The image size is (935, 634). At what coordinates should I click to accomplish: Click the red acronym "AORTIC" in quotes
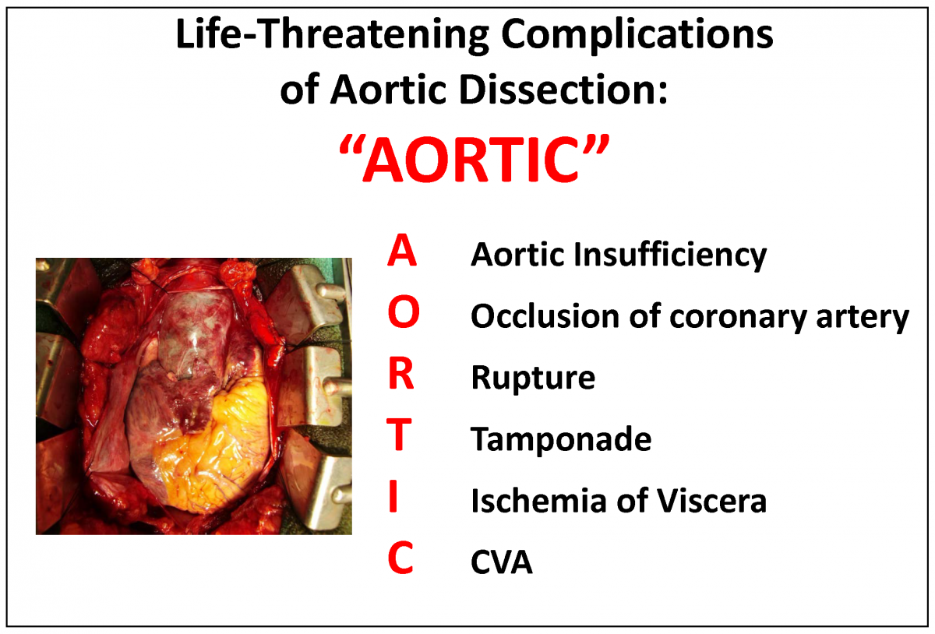(x=475, y=159)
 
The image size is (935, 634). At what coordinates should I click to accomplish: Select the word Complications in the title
(x=637, y=36)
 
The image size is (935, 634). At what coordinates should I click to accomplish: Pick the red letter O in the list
(x=404, y=312)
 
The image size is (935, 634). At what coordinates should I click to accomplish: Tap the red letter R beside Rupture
(x=400, y=373)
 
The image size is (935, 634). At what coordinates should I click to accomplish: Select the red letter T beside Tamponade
(x=399, y=435)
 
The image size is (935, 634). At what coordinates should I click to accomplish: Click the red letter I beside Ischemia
(x=393, y=496)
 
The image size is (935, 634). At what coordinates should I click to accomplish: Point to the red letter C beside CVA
(x=400, y=557)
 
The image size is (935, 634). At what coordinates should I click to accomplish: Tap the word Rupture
(x=533, y=379)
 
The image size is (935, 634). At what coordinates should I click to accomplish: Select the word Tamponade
(x=561, y=439)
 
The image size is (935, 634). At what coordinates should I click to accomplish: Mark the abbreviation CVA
(x=502, y=562)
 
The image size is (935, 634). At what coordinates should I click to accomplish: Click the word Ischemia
(x=538, y=501)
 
